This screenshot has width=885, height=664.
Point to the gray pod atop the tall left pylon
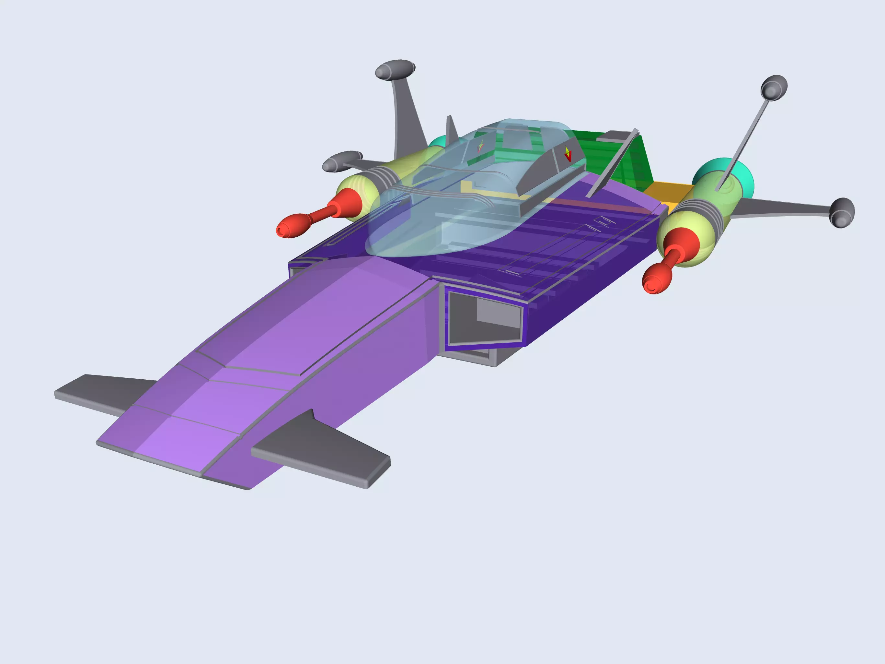[x=395, y=70]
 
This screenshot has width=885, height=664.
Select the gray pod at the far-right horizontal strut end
[x=842, y=213]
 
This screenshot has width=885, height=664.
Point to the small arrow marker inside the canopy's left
[x=480, y=147]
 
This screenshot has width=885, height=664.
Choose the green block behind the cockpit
[x=624, y=160]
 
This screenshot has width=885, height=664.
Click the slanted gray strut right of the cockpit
[x=612, y=162]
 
